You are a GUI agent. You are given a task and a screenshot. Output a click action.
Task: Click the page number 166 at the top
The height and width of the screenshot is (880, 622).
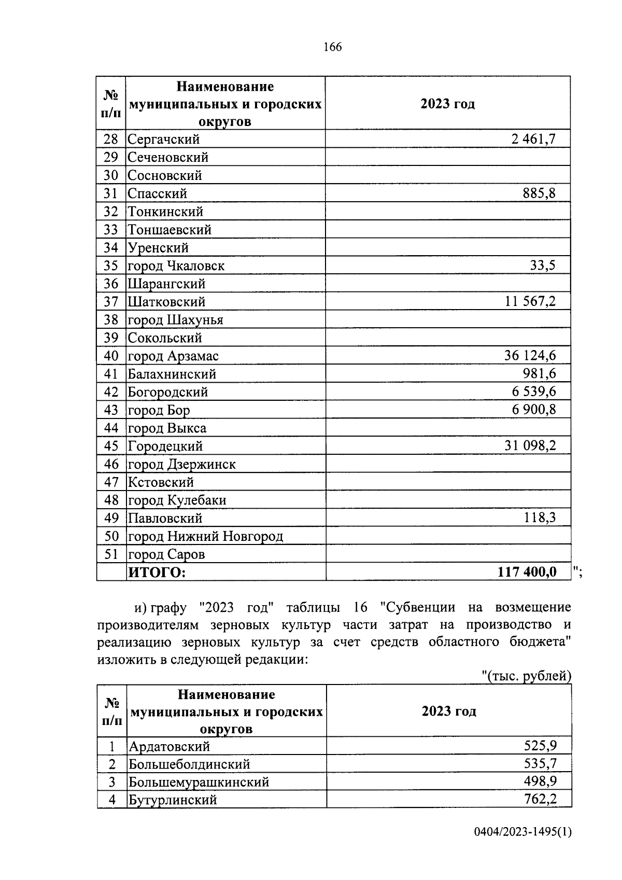(332, 47)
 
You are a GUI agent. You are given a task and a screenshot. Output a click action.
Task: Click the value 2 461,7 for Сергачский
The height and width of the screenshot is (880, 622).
(531, 139)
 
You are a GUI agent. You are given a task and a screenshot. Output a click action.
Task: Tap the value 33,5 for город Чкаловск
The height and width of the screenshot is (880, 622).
(542, 266)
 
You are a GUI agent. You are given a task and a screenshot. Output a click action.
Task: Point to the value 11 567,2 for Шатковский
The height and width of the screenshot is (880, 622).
(530, 301)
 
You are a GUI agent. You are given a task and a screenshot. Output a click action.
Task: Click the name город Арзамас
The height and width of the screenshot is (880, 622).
(173, 356)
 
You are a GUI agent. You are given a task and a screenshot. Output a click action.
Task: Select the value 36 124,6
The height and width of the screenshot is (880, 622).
(530, 356)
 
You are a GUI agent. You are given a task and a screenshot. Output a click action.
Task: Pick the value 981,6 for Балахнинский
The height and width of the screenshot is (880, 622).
(539, 374)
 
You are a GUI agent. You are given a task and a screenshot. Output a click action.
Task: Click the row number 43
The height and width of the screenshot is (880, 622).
(111, 410)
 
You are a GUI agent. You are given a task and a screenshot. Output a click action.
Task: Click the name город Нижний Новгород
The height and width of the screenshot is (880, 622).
(205, 536)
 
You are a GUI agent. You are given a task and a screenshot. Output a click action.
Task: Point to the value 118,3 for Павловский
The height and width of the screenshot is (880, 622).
(539, 518)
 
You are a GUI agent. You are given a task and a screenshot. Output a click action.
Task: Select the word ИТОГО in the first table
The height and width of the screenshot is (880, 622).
(157, 572)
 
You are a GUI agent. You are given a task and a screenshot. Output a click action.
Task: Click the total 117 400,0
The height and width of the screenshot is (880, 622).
(527, 572)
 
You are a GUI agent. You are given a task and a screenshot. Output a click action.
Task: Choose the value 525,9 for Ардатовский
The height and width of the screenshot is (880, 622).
(540, 746)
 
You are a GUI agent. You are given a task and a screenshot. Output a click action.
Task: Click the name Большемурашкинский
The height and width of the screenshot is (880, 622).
(199, 782)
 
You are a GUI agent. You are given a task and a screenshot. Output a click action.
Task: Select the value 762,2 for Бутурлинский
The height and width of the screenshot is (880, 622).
(540, 799)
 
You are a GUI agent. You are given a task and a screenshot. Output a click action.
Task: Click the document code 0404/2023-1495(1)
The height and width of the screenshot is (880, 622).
(522, 846)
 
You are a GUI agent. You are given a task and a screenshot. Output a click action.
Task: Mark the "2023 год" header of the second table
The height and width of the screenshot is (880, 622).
(449, 711)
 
